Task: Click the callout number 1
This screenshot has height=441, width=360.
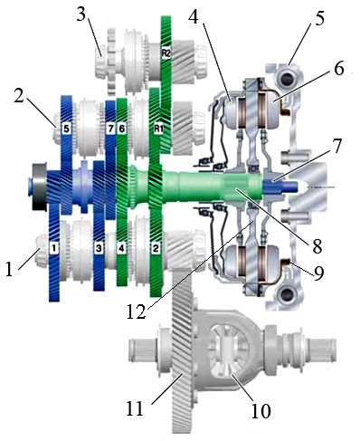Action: pyautogui.click(x=10, y=269)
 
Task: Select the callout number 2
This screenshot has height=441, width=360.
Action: pyautogui.click(x=19, y=95)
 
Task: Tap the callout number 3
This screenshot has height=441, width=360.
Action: pyautogui.click(x=81, y=14)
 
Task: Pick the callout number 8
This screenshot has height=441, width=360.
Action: pyautogui.click(x=317, y=245)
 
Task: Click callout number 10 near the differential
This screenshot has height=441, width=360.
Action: pyautogui.click(x=261, y=410)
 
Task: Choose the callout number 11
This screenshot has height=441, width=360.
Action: pyautogui.click(x=135, y=409)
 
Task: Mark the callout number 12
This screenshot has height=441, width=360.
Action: pyautogui.click(x=137, y=312)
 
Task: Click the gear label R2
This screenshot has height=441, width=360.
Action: pyautogui.click(x=166, y=53)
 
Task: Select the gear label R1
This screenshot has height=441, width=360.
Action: pyautogui.click(x=159, y=129)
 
